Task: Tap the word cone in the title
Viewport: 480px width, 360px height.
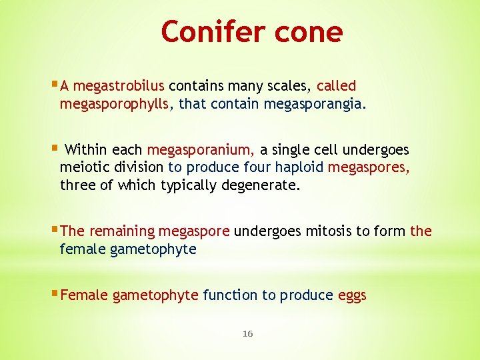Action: [x=312, y=31]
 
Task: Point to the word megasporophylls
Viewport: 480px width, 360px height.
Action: [x=117, y=104]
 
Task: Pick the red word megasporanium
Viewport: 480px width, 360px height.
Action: [x=201, y=149]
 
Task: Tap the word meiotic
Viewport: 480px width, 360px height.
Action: [x=83, y=167]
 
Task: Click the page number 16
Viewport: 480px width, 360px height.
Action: [x=247, y=333]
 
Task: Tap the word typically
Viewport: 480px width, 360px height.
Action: [x=187, y=185]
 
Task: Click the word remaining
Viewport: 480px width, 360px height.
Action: [x=121, y=231]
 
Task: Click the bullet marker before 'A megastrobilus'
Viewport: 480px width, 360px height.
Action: [x=55, y=85]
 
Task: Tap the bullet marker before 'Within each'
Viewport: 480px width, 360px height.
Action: [x=55, y=149]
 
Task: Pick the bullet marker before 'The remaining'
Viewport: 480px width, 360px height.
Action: [x=55, y=231]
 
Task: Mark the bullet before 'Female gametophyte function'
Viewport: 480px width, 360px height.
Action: [x=55, y=294]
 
